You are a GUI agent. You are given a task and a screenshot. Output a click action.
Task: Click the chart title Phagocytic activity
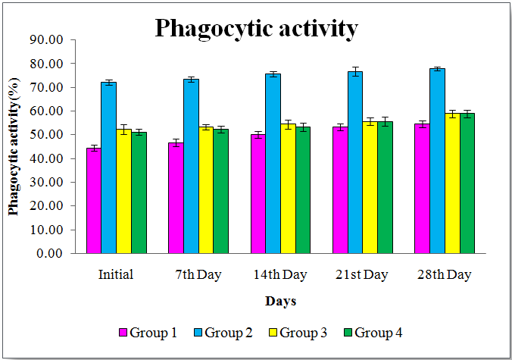point(256,29)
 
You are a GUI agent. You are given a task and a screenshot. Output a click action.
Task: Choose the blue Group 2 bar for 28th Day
point(437,161)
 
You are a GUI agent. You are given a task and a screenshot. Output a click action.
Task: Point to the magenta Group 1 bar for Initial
point(94,201)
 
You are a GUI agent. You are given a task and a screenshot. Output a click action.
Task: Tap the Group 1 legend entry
point(149,332)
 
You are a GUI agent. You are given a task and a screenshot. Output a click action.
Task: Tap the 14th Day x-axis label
point(280,274)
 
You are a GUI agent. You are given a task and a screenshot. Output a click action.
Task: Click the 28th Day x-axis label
point(444,274)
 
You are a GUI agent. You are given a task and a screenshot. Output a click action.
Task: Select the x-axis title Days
point(280,302)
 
